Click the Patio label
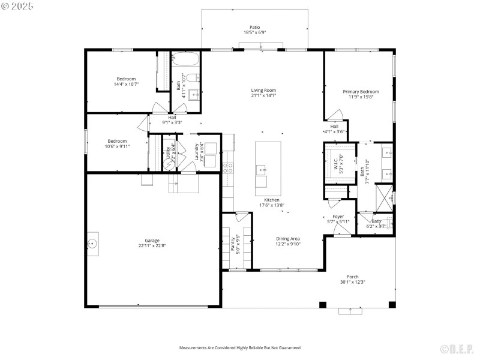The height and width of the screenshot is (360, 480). [255, 27]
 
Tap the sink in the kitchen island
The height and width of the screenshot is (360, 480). [263, 170]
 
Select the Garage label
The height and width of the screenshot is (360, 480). [152, 240]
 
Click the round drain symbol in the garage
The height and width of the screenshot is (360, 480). [92, 244]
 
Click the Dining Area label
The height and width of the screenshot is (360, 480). [288, 239]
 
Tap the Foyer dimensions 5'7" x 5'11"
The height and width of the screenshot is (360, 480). [338, 221]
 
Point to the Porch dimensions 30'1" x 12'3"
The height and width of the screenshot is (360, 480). [352, 282]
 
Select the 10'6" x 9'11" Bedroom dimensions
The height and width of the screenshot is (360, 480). [118, 146]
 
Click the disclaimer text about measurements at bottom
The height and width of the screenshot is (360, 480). [240, 347]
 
